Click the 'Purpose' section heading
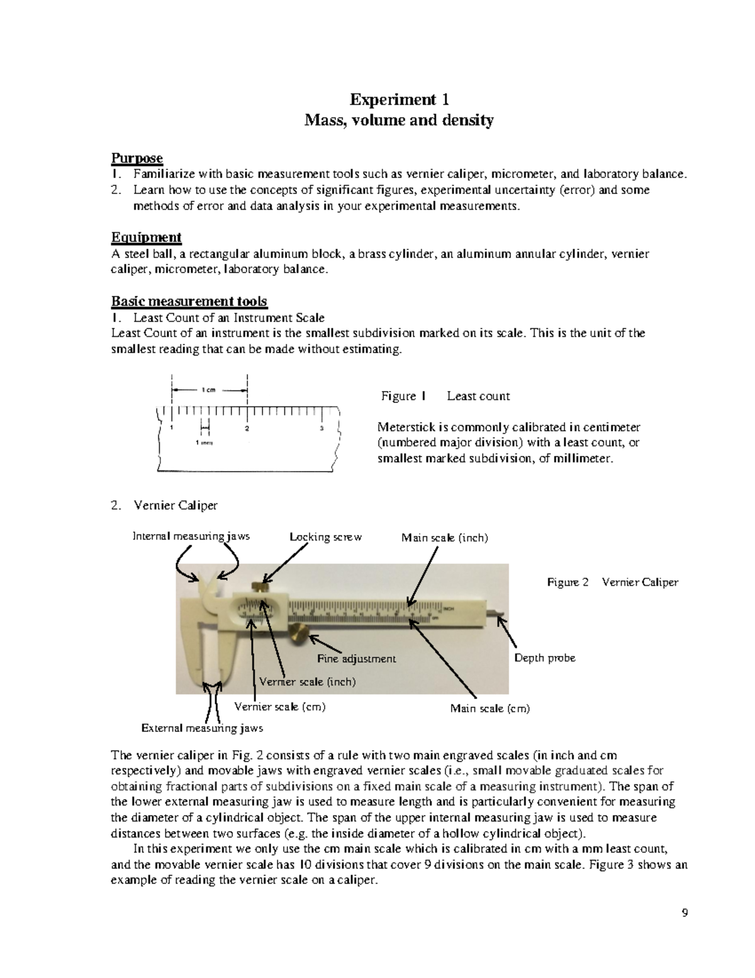click(x=137, y=157)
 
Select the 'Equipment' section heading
click(x=146, y=237)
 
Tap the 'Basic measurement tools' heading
click(x=189, y=301)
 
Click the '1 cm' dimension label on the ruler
click(x=208, y=390)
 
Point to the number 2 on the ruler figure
click(x=247, y=429)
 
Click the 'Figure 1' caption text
click(x=403, y=396)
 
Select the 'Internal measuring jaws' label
click(x=191, y=536)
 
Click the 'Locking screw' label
click(x=325, y=537)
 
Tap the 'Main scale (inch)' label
click(x=444, y=537)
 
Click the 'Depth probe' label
click(x=544, y=657)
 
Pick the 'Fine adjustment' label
click(x=356, y=659)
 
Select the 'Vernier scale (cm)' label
click(x=279, y=707)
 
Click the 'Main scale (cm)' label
click(x=489, y=708)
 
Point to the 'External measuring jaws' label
click(x=201, y=728)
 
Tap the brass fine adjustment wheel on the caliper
click(x=300, y=635)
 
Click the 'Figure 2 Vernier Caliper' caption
click(x=612, y=582)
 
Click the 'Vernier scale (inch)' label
click(x=307, y=681)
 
